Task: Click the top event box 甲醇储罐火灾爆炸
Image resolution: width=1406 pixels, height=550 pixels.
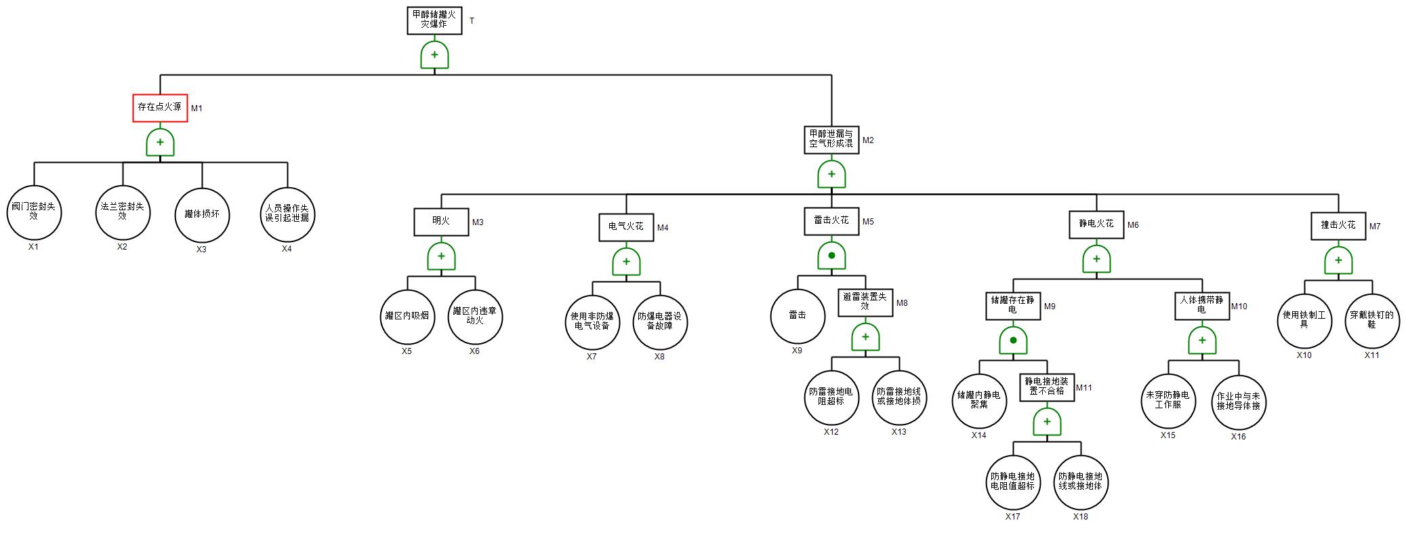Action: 434,20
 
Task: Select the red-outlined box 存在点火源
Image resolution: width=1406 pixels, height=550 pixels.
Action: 160,108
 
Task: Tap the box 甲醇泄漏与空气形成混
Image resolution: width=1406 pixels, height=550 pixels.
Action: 831,140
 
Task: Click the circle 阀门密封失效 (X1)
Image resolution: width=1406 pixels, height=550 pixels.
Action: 34,212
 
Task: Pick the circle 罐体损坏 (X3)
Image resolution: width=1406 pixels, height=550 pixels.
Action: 202,215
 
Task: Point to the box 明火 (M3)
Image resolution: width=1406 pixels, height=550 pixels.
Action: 441,222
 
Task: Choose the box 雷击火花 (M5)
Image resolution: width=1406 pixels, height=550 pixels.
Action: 831,221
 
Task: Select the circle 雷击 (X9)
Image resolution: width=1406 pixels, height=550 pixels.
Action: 798,315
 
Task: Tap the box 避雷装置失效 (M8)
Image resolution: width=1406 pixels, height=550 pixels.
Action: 865,302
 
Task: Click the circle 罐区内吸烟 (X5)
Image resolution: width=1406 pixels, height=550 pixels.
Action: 407,317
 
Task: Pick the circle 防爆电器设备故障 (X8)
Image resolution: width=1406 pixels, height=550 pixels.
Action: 660,321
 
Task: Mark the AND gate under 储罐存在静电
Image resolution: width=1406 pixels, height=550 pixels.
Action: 1013,340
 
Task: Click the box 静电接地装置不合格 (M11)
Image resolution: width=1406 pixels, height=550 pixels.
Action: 1047,387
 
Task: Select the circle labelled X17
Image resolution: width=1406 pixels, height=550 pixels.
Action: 1013,482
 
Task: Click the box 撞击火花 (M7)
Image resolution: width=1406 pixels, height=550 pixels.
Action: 1338,226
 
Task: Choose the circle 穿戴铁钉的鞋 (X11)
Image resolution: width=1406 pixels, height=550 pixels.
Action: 1372,320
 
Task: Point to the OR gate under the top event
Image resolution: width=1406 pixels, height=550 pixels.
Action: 434,55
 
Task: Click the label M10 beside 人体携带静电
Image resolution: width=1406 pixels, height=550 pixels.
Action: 1239,307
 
